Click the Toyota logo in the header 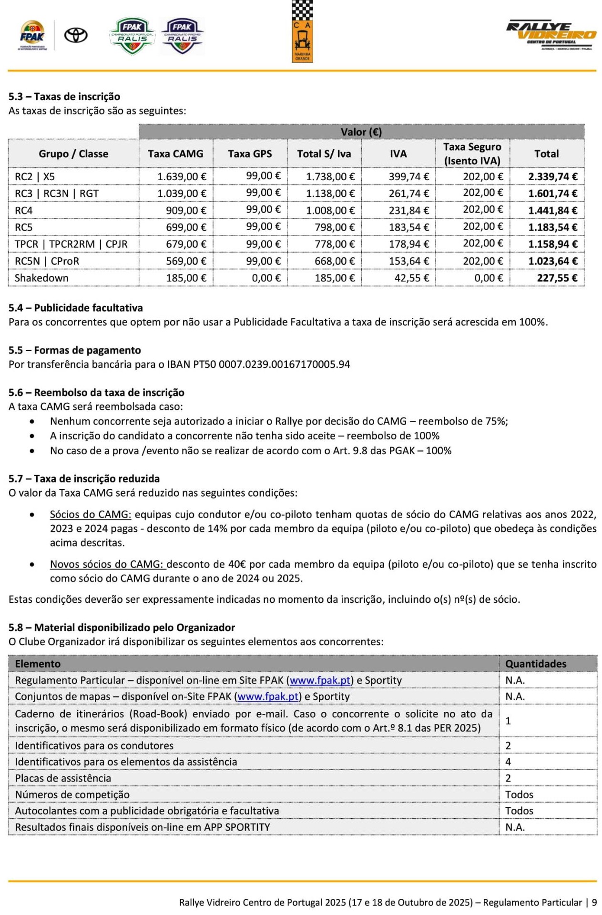point(76,35)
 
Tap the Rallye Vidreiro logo point(551,35)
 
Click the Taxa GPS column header point(250,154)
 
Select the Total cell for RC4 point(552,211)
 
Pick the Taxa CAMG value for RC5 point(186,227)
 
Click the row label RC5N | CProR point(47,261)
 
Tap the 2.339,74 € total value point(552,177)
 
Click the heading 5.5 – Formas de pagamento point(75,350)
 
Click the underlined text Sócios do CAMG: point(91,515)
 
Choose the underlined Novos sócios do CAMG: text point(108,564)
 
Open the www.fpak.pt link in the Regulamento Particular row point(320,681)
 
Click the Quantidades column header point(535,664)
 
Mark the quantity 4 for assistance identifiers point(508,762)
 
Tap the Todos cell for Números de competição point(519,794)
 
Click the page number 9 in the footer point(594,903)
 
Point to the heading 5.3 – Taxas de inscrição point(64,97)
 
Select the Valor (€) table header point(361,132)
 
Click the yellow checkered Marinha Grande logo point(302,31)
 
